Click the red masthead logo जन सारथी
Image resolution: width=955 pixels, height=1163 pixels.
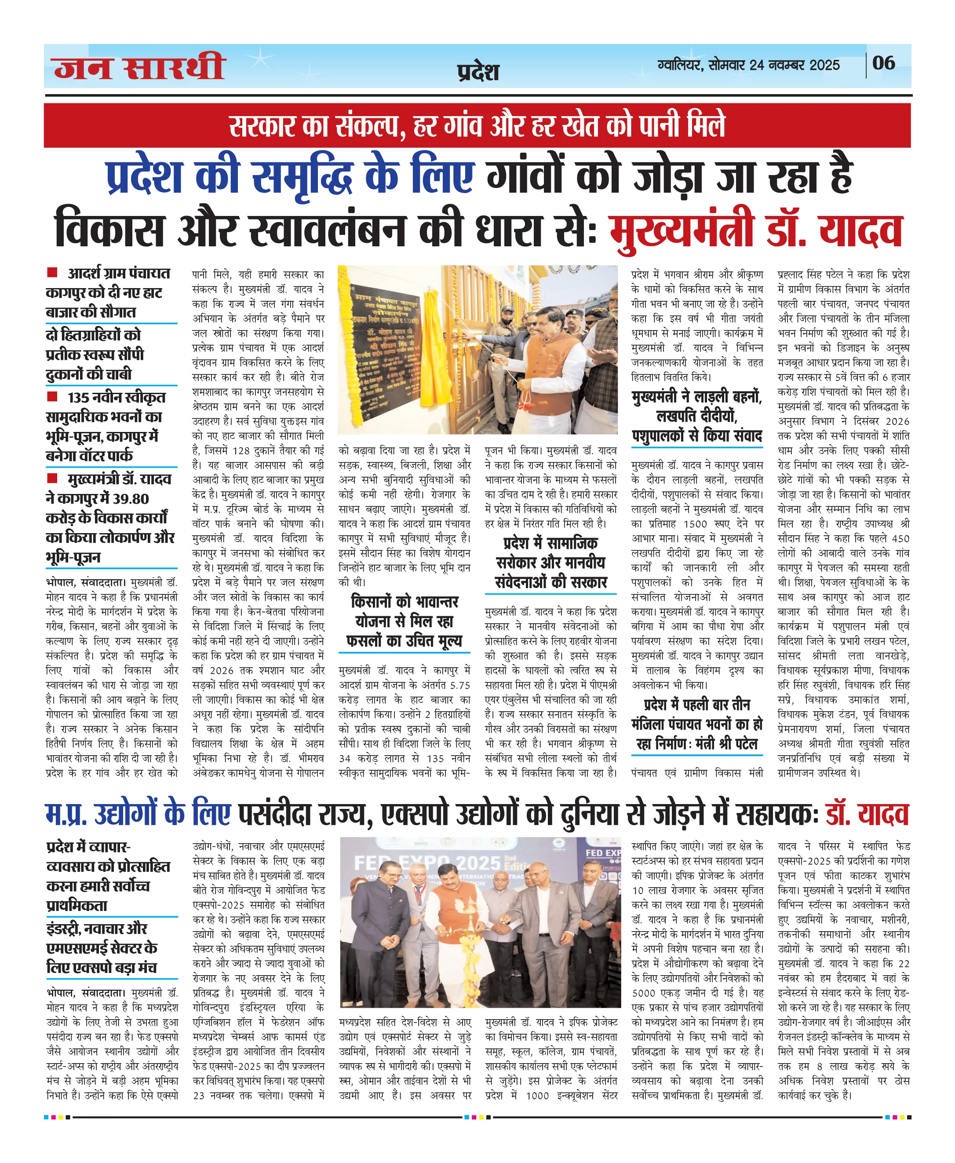coord(139,67)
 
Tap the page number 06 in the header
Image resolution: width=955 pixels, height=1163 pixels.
coord(883,63)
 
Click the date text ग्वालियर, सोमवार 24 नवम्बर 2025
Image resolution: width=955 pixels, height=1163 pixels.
coord(748,66)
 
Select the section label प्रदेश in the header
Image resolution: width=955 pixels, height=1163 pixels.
coord(477,72)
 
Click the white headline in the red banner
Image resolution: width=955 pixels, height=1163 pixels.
coord(477,125)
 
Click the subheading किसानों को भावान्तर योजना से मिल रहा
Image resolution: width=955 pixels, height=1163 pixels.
coord(405,611)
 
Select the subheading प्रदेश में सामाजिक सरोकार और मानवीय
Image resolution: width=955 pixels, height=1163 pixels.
coord(550,553)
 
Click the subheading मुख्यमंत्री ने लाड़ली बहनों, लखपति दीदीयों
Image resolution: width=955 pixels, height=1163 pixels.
coord(697,406)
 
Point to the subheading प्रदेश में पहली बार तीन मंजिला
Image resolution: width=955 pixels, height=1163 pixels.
coord(697,714)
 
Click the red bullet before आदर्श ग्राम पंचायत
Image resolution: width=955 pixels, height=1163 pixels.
coord(52,272)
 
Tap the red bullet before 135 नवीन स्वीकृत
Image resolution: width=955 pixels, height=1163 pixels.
coord(52,396)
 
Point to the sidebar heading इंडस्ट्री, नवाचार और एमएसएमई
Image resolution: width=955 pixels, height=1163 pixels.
coord(102,948)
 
